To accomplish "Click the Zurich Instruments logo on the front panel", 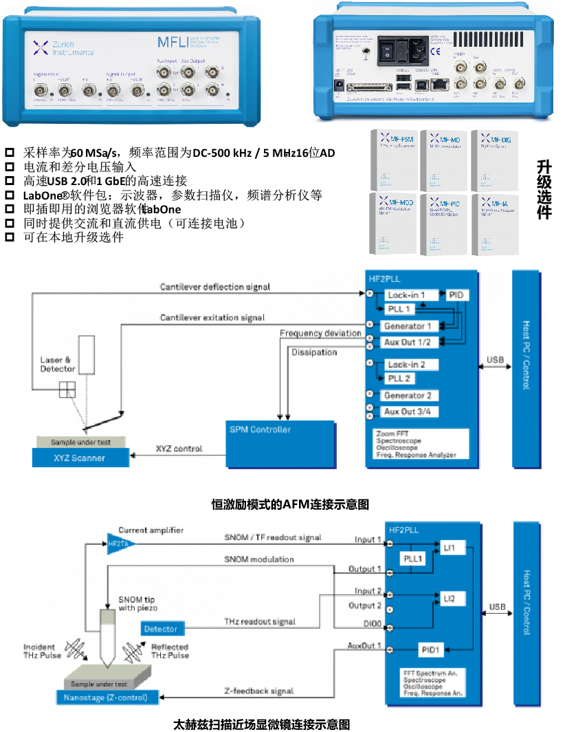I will coord(63,47).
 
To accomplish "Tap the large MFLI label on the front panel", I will coord(171,43).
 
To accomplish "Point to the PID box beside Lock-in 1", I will coord(457,295).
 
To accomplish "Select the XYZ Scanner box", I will coord(80,457).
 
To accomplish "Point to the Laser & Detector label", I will coord(56,364).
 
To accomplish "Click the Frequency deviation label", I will coord(320,333).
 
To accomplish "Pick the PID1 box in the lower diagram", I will coord(432,649).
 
